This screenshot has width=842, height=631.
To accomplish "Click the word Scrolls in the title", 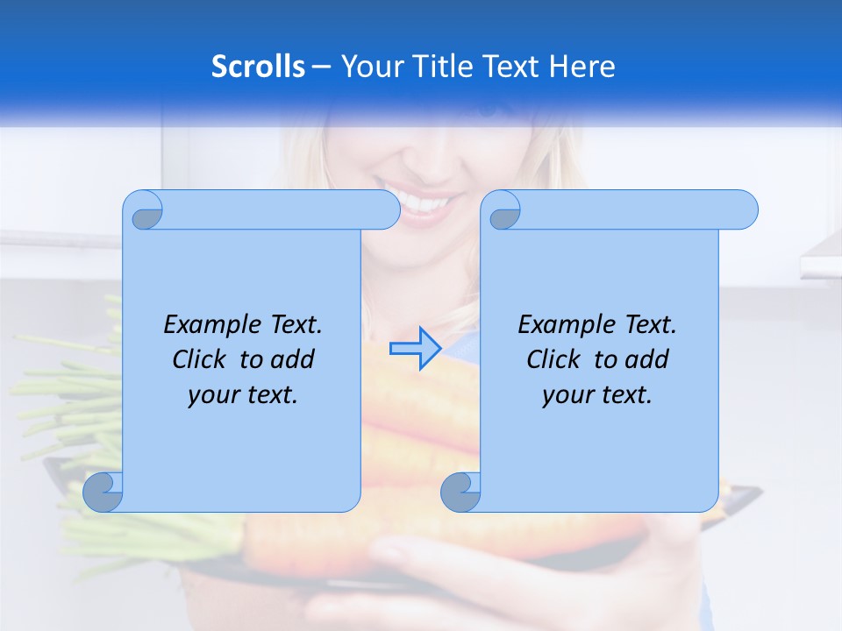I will (x=258, y=67).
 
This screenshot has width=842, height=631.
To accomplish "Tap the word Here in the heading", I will (x=582, y=67).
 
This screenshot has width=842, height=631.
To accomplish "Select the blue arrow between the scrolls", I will (x=415, y=348).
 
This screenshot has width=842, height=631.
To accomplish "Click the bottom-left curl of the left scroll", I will (x=103, y=493).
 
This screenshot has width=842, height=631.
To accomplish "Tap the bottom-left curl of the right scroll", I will (x=460, y=493).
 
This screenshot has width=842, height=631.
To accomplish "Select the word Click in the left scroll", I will (x=202, y=359).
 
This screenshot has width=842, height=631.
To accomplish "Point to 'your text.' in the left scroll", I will (x=243, y=394).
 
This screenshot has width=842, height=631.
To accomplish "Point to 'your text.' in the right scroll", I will (x=597, y=394).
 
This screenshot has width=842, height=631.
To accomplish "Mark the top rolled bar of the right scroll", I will (x=631, y=209).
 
